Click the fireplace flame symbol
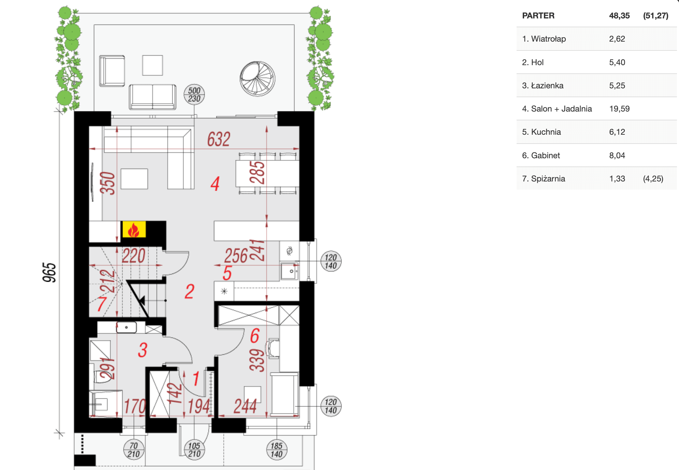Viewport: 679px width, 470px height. point(134,230)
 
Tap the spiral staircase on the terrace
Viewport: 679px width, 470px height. point(257,79)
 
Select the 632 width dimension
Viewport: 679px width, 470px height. point(219,139)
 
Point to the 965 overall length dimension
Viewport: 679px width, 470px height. point(49,272)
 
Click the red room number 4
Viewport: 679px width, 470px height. point(215,184)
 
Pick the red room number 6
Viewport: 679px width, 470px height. point(255,336)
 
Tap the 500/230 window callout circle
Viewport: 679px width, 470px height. point(194,94)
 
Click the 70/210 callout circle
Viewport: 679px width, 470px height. point(133,450)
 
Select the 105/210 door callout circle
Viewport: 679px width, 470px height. point(194,450)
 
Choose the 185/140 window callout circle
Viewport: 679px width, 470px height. point(276,450)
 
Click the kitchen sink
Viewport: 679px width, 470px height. point(289,271)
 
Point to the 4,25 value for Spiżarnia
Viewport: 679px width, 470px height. point(653,179)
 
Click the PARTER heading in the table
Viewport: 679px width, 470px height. point(538,16)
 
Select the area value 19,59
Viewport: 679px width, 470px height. point(619,109)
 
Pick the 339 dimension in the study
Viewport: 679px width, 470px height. point(257,360)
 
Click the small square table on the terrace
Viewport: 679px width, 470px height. point(153,65)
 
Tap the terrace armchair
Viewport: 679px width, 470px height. point(112,71)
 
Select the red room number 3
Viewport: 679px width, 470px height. point(143,350)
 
